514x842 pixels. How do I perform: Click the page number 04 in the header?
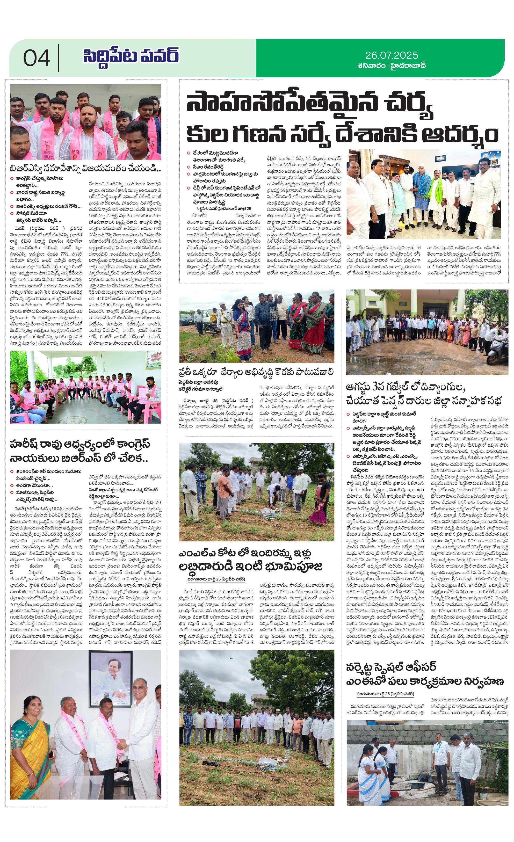36,58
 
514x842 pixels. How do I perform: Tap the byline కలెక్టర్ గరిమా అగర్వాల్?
201,389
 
